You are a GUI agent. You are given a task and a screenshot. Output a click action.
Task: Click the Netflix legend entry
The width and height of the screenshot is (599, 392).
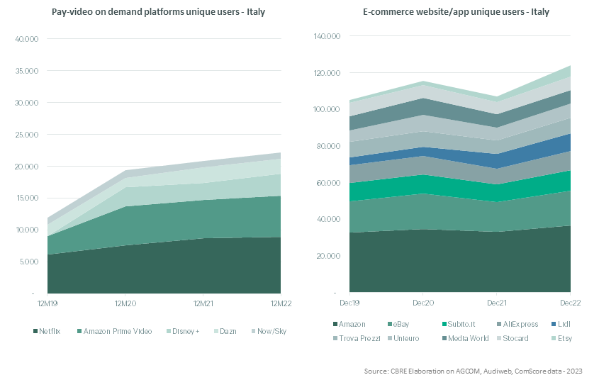(47, 331)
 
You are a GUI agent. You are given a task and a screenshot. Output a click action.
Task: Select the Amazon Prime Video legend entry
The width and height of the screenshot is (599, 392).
(115, 331)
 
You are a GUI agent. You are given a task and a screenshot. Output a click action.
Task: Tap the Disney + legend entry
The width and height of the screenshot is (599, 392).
(183, 331)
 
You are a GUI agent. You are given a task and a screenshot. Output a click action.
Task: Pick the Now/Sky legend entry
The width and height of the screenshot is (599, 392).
(269, 331)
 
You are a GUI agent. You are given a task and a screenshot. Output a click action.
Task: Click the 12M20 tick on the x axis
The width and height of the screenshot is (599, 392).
(125, 303)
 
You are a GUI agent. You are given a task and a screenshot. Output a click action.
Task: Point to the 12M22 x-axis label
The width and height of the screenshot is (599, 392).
(281, 303)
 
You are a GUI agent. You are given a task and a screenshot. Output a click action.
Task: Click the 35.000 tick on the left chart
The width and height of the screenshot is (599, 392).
(27, 71)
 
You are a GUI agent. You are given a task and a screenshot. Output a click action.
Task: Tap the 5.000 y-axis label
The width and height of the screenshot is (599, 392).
(28, 262)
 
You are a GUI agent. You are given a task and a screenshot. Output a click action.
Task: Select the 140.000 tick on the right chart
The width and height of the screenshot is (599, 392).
(327, 36)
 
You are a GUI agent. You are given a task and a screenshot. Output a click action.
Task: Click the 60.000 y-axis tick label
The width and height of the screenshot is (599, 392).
(328, 183)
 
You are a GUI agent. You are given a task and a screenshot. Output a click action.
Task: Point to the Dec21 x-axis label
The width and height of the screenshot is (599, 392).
(497, 303)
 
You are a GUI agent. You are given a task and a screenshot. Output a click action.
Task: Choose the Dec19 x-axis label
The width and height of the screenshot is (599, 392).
(349, 303)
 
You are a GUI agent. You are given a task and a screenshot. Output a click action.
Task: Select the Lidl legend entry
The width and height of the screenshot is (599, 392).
(561, 324)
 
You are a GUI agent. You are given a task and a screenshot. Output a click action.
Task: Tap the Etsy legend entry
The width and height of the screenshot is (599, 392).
(562, 338)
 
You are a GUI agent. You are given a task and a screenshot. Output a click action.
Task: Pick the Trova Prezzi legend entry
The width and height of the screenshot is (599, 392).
(357, 338)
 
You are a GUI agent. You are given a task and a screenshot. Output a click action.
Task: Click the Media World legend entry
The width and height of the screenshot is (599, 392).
(465, 338)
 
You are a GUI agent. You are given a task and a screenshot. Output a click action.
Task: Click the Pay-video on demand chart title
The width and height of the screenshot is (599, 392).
(158, 12)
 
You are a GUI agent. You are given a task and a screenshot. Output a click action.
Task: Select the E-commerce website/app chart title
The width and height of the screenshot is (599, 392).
(456, 12)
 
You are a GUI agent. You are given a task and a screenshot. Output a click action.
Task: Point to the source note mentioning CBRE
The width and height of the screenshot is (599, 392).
(474, 371)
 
